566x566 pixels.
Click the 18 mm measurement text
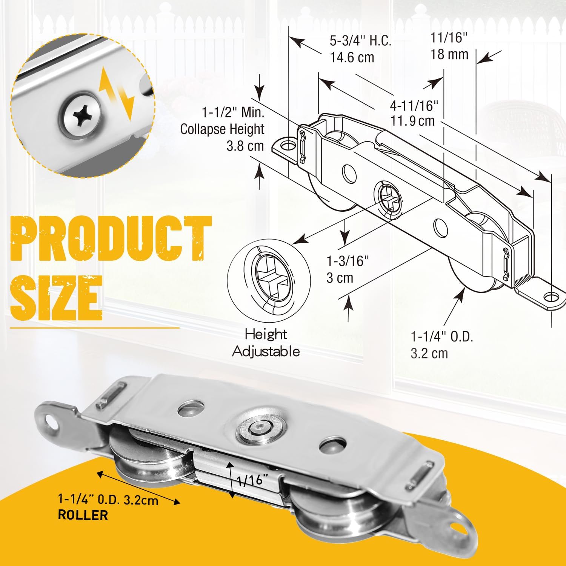(x=449, y=55)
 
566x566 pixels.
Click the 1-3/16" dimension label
(x=347, y=261)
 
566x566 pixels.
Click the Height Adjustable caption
(x=266, y=343)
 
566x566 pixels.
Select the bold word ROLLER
(x=83, y=515)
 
